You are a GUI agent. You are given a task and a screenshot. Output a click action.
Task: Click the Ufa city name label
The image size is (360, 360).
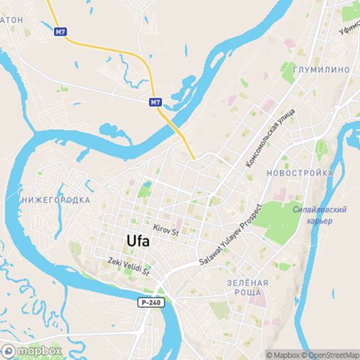pos(138,241)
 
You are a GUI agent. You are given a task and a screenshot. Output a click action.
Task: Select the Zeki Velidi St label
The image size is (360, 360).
pos(127,268)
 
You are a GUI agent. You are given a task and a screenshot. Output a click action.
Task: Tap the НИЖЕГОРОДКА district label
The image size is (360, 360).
pos(56,199)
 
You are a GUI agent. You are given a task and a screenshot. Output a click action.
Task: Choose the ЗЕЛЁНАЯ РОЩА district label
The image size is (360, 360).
pos(247,288)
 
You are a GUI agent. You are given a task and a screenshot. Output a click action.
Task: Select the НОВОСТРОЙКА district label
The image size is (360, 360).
pos(299,174)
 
